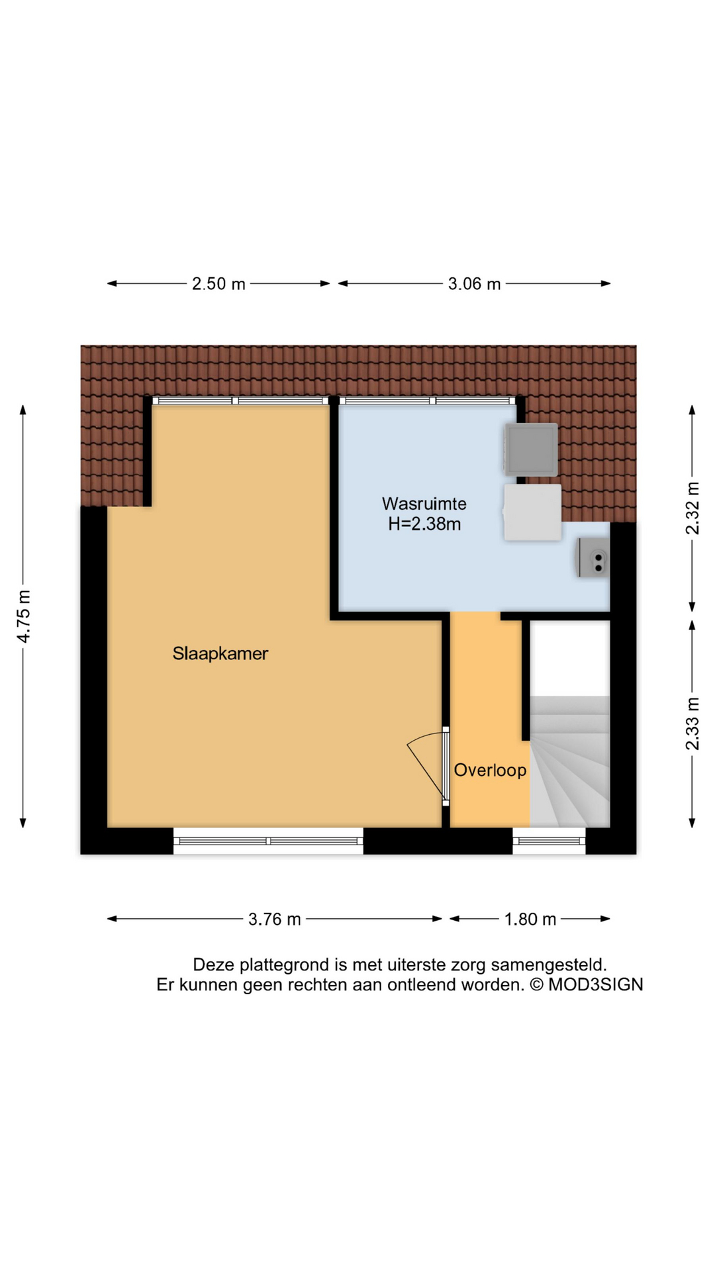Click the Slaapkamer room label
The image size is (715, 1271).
220,654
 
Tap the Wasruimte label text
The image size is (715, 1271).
424,504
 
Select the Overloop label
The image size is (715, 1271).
490,770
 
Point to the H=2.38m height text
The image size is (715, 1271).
424,524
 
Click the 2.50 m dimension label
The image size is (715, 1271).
218,284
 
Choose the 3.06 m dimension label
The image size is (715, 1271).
475,284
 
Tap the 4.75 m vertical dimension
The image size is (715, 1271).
24,616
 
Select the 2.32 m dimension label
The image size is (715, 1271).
692,508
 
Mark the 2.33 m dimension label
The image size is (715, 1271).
692,724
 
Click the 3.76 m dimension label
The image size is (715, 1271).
275,919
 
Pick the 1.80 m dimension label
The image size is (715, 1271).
530,919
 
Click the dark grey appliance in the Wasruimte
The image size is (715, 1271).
531,449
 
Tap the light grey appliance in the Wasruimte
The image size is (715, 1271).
532,512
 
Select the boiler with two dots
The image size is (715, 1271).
593,557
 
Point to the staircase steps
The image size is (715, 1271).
570,761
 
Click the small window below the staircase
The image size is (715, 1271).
549,841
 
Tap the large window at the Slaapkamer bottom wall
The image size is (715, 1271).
268,841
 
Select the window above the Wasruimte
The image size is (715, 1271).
427,400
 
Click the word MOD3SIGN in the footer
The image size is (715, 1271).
596,985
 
